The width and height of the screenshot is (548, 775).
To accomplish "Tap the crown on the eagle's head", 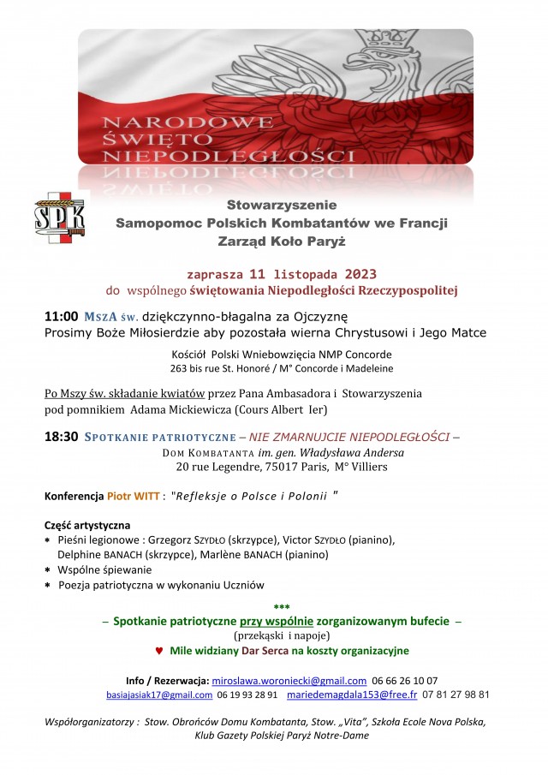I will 383,46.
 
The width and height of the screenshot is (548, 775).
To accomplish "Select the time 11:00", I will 62,317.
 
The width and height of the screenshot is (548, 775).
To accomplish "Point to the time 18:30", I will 62,436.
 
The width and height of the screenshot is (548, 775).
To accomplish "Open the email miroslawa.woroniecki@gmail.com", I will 289,680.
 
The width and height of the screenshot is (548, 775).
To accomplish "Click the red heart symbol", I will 158,651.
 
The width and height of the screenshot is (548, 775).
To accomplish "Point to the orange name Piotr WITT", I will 134,496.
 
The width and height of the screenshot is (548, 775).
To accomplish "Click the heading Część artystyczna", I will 87,525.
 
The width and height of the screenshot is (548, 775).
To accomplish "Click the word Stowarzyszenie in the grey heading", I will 282,206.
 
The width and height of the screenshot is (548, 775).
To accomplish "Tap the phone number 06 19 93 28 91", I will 247,695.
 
